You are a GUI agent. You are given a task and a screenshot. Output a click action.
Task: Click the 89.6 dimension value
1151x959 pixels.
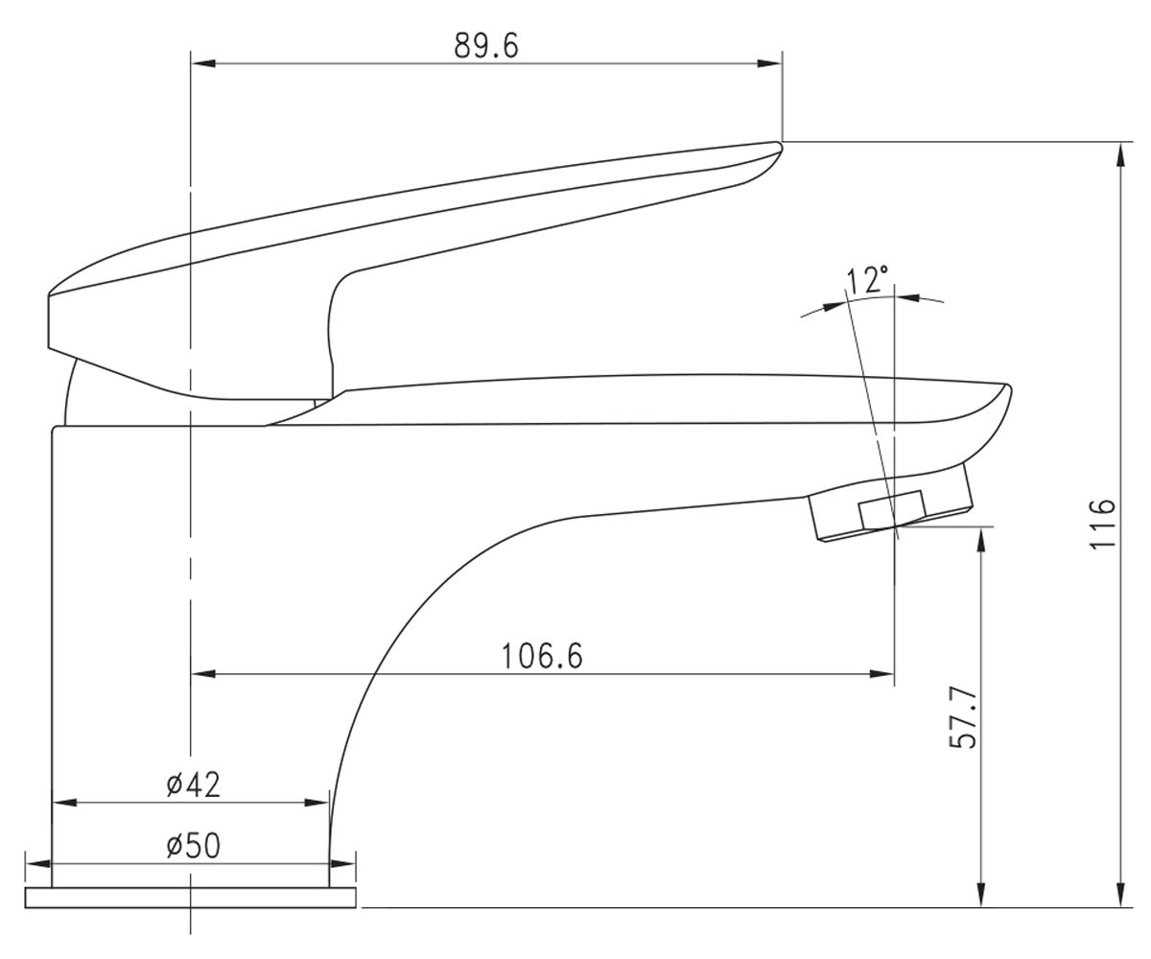tap(486, 46)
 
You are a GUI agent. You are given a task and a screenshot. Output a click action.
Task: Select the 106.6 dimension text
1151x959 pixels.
tap(541, 656)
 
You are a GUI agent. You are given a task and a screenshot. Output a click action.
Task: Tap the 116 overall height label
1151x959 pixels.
tap(1102, 523)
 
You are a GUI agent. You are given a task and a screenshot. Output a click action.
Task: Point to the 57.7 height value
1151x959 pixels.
tap(963, 717)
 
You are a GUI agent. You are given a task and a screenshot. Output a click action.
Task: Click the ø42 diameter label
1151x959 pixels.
tap(193, 784)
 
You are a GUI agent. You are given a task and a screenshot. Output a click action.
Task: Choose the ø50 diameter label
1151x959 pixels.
tap(193, 846)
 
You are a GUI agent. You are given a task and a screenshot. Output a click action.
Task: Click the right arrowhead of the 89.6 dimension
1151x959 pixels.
tap(769, 63)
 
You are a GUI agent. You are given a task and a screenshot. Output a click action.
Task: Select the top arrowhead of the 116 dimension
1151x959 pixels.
tap(1120, 155)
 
